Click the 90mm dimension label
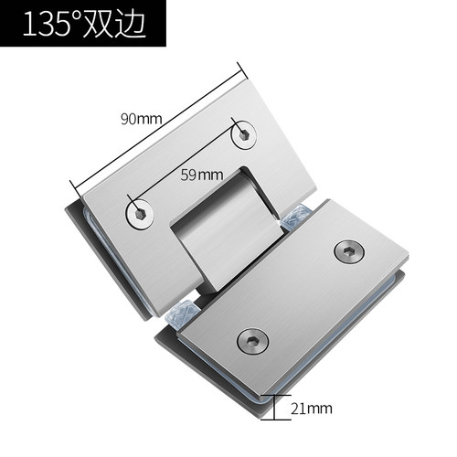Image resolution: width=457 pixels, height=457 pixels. [x=141, y=119]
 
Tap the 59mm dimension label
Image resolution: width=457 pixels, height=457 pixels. [x=202, y=175]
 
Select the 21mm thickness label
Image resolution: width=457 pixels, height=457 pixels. [x=311, y=409]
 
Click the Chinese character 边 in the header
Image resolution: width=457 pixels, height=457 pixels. [x=129, y=24]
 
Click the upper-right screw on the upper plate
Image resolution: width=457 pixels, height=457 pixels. [x=243, y=135]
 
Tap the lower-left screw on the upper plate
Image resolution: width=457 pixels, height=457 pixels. [x=140, y=214]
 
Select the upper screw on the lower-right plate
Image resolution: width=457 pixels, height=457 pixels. [x=349, y=251]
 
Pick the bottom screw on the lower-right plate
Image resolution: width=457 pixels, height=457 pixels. [x=252, y=341]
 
